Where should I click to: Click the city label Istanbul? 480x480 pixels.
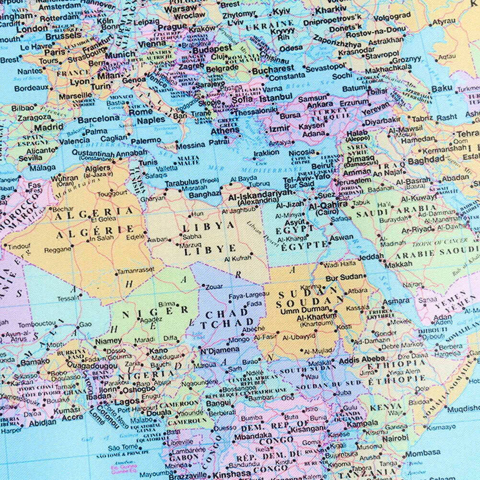275,98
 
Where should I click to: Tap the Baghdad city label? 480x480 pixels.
426,161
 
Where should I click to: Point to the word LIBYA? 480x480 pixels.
210,226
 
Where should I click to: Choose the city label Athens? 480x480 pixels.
225,130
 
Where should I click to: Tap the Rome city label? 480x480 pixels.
140,112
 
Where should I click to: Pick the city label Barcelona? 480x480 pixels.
98,118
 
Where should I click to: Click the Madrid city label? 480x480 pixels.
48,128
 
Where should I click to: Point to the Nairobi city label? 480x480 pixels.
395,438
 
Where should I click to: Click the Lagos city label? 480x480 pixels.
127,402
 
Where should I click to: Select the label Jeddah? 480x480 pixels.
371,257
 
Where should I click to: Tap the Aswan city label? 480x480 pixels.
341,237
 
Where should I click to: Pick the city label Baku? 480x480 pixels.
442,89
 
